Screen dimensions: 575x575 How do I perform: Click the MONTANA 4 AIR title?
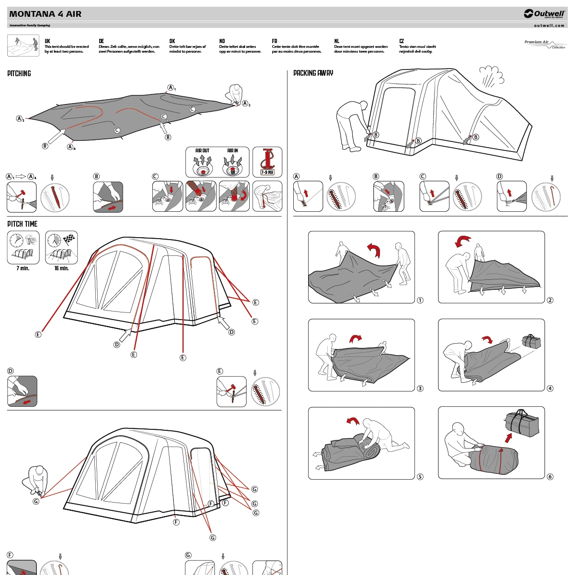[x=46, y=14]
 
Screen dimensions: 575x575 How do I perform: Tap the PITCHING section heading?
[x=19, y=73]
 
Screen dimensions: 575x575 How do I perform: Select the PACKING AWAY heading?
[x=313, y=73]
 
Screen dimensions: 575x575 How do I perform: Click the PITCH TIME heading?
[x=22, y=224]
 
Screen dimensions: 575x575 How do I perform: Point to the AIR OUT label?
[x=202, y=150]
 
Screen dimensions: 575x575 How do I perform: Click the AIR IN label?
[x=232, y=150]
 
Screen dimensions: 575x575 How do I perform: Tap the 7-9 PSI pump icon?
[x=267, y=162]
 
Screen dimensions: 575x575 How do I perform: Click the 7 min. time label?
[x=23, y=268]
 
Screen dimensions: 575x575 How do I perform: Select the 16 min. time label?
[x=61, y=268]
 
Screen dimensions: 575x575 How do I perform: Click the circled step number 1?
[x=420, y=300]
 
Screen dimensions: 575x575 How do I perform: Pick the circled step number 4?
[x=550, y=389]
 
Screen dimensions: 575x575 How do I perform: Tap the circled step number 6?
[x=550, y=477]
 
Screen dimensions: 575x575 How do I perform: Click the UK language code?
[x=47, y=41]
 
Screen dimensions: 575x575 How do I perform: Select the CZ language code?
[x=402, y=41]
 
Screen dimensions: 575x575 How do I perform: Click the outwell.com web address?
[x=549, y=25]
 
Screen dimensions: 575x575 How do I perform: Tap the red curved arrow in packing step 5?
[x=353, y=421]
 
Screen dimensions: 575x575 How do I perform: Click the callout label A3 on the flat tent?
[x=20, y=119]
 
